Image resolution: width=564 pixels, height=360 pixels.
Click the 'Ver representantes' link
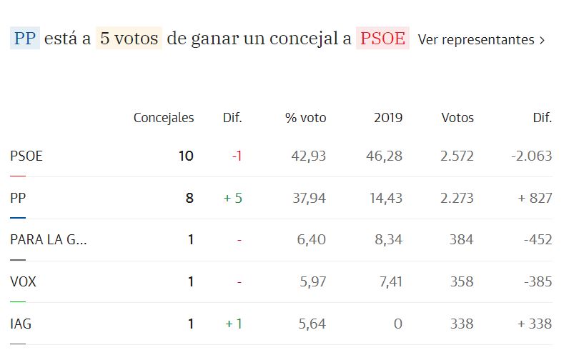[481, 39]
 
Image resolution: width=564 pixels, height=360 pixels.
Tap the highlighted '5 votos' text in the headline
[129, 39]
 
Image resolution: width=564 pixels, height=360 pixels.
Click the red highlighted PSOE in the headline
[382, 39]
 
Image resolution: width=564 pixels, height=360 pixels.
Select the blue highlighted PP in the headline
[25, 39]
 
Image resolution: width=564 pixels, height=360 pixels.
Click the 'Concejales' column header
[164, 118]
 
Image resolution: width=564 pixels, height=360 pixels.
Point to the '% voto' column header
[305, 118]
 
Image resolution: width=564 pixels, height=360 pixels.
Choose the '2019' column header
[388, 118]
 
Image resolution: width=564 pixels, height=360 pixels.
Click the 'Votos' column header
[457, 118]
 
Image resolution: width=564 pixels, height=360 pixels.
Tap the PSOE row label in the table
[26, 156]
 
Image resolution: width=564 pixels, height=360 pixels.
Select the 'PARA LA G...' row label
[49, 240]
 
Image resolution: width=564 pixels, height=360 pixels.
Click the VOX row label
[23, 282]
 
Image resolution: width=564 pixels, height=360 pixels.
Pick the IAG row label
[21, 324]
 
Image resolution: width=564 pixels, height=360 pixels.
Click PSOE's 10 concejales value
[186, 156]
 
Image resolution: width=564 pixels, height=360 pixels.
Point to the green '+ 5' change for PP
[233, 198]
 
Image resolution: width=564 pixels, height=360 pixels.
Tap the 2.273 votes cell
[457, 198]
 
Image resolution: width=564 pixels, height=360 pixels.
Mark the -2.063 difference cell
[532, 156]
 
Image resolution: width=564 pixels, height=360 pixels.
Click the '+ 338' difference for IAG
[535, 324]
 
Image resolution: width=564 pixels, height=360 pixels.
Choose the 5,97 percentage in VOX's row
[312, 282]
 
